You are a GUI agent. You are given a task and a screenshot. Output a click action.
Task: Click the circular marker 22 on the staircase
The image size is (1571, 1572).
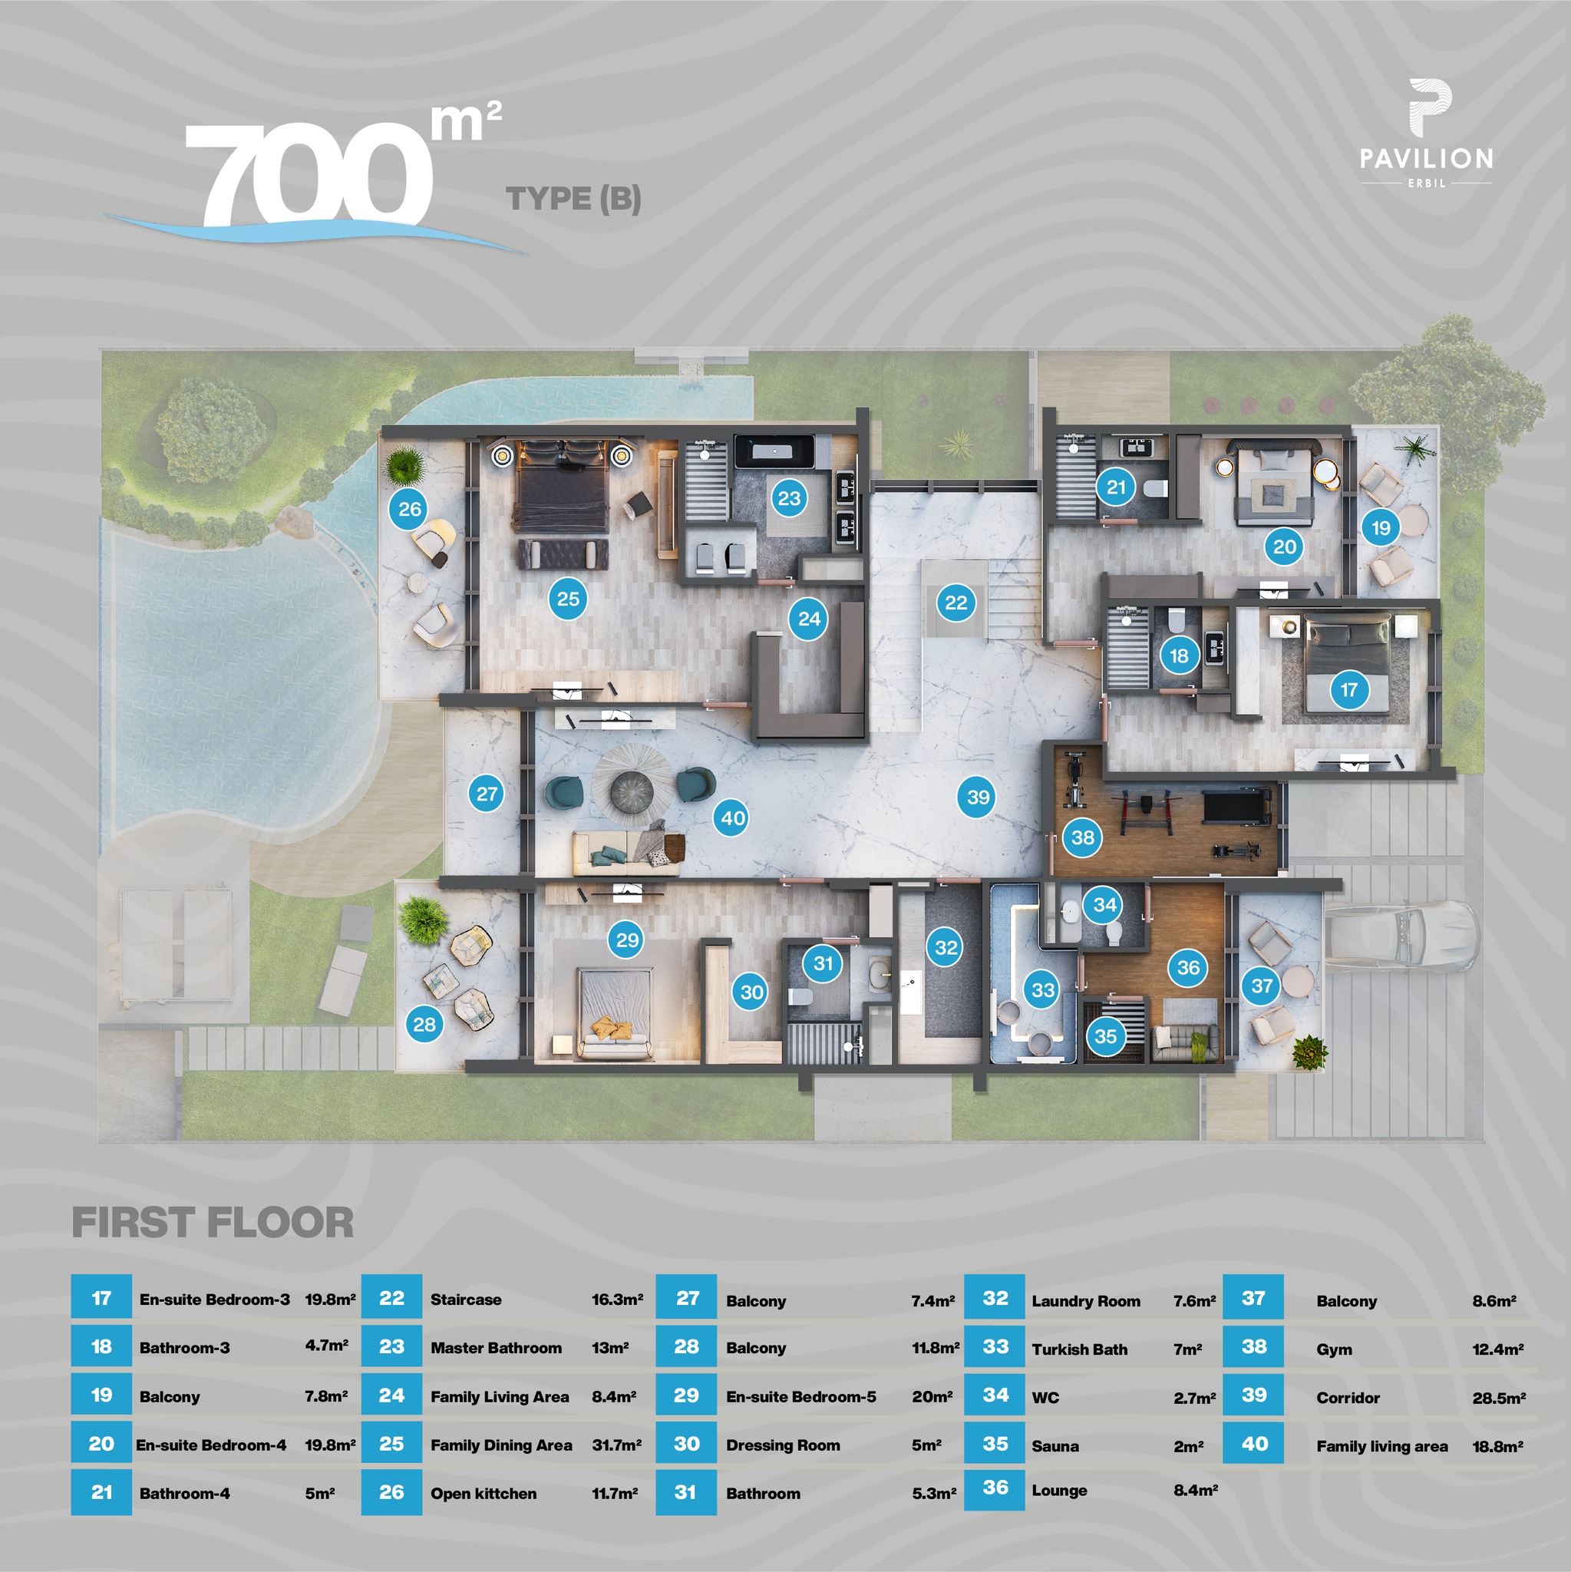click(x=956, y=603)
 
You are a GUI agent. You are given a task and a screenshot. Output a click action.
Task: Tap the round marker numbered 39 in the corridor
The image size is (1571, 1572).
click(x=978, y=797)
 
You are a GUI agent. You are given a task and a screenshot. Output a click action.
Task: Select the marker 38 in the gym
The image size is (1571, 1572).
click(x=1083, y=837)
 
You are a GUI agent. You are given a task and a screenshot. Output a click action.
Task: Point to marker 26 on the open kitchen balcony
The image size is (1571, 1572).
click(x=409, y=510)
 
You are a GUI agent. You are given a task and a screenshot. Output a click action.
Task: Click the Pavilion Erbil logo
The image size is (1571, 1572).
click(x=1427, y=134)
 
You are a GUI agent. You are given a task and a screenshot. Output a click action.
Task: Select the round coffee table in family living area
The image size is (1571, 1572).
click(x=632, y=789)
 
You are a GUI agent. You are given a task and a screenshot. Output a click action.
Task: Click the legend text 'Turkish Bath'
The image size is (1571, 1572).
click(x=1080, y=1350)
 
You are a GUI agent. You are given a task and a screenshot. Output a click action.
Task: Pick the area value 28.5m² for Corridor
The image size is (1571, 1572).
click(x=1499, y=1398)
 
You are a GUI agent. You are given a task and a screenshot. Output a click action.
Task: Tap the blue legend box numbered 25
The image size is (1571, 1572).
click(x=391, y=1445)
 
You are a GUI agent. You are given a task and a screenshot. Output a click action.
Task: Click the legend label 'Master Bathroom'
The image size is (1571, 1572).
click(x=497, y=1348)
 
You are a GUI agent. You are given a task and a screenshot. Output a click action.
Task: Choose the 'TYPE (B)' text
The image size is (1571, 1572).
click(x=573, y=199)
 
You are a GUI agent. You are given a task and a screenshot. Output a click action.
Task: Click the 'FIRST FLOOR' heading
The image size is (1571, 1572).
click(x=213, y=1223)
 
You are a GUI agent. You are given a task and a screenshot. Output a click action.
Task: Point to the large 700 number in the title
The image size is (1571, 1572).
click(x=309, y=175)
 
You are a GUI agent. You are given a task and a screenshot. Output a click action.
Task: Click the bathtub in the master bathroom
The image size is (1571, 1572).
click(x=774, y=451)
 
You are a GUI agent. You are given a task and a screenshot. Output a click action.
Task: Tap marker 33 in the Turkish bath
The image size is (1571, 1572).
click(x=1043, y=989)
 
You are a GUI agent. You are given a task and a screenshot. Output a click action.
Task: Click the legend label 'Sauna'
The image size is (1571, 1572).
click(x=1055, y=1446)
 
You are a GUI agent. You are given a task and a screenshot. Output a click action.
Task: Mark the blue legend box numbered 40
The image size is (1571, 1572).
click(x=1254, y=1445)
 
